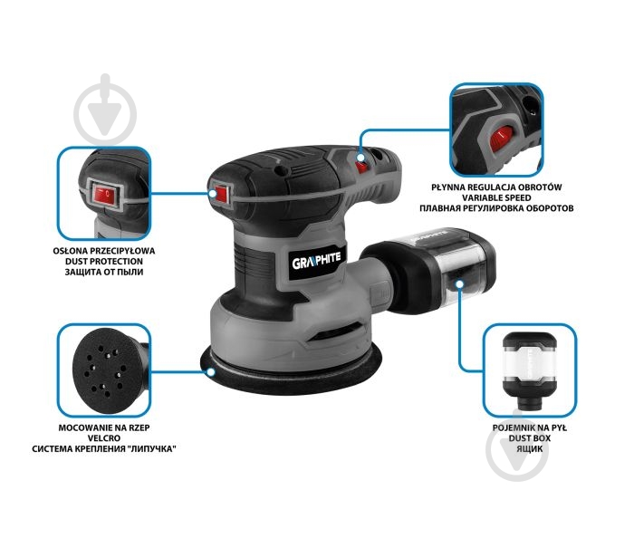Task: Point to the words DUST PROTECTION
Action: [x=104, y=262]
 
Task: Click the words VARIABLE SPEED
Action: [x=496, y=197]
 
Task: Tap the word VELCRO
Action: [x=104, y=438]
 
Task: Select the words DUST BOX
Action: [x=529, y=438]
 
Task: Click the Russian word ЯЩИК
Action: [x=529, y=448]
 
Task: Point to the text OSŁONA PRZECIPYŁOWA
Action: [x=104, y=251]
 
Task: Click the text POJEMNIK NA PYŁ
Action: [x=529, y=427]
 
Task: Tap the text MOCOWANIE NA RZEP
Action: [x=104, y=427]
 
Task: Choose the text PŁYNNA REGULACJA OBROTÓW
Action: [x=496, y=187]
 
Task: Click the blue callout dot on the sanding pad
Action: [x=211, y=372]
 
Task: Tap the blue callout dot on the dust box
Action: [x=459, y=284]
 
